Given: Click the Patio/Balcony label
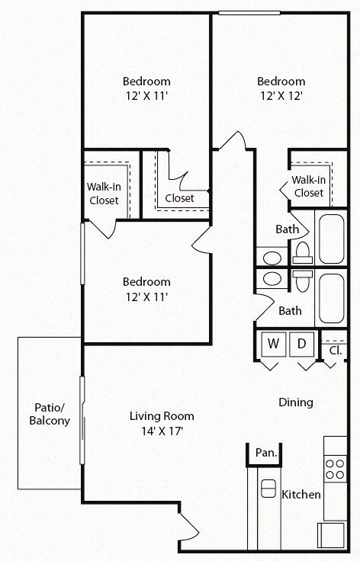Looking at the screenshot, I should coord(50,414).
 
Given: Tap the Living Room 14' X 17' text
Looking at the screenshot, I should coord(161,423).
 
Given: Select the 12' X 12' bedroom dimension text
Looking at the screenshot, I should coord(281,96).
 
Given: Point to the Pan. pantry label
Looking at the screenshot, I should coord(265,453).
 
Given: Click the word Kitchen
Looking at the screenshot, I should coord(301,495).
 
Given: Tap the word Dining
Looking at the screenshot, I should coord(295,402).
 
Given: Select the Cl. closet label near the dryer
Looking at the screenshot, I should coord(335,351).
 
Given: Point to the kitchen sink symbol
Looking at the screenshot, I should coord(268,488).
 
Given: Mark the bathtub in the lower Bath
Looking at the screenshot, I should coord(331,299).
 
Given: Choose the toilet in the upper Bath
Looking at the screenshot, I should coord(302,251).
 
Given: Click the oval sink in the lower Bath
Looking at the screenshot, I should coord(272,279).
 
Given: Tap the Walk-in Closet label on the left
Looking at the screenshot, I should coord(103,194).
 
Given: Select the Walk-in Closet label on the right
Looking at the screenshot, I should coord(308,186).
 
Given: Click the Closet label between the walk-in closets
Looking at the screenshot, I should coord(180,198).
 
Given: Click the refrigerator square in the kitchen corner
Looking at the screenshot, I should coord(333,534).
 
